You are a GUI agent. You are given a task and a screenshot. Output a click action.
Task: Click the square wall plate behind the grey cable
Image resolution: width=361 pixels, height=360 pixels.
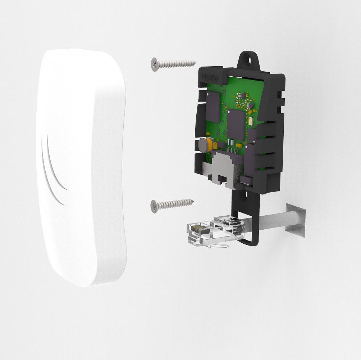click(296, 220)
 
